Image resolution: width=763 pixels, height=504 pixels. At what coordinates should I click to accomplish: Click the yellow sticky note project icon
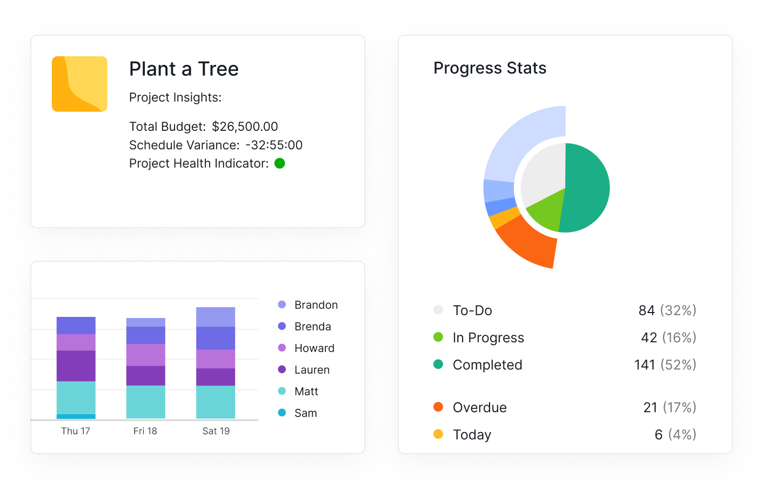[x=79, y=84]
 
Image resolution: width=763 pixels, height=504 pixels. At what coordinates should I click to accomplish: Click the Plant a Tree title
[x=184, y=69]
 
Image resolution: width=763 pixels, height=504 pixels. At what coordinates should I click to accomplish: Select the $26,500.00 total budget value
[x=245, y=127]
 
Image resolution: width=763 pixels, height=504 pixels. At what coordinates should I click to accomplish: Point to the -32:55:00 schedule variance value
[x=274, y=145]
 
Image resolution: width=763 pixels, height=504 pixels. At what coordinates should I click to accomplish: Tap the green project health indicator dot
[x=279, y=163]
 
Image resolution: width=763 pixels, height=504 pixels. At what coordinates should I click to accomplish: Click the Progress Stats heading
[x=490, y=68]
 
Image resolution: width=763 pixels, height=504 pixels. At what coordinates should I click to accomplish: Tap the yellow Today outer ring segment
[x=498, y=217]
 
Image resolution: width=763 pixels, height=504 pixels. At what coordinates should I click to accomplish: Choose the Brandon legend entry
[x=316, y=305]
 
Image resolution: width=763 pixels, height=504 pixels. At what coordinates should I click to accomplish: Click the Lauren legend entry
[x=312, y=370]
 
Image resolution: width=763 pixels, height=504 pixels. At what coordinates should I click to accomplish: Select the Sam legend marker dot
[x=282, y=413]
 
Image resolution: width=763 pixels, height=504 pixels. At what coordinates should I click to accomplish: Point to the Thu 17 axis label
[x=76, y=431]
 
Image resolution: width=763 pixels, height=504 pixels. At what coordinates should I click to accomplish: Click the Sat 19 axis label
[x=216, y=431]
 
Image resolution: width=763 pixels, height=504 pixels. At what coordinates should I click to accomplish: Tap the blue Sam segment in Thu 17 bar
[x=76, y=416]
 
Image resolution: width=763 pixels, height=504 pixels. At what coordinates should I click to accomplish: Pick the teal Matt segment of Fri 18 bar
[x=146, y=402]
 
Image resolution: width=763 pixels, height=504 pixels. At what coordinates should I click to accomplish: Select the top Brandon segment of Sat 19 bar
[x=216, y=317]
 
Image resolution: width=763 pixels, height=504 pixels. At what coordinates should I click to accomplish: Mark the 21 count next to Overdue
[x=650, y=408]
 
